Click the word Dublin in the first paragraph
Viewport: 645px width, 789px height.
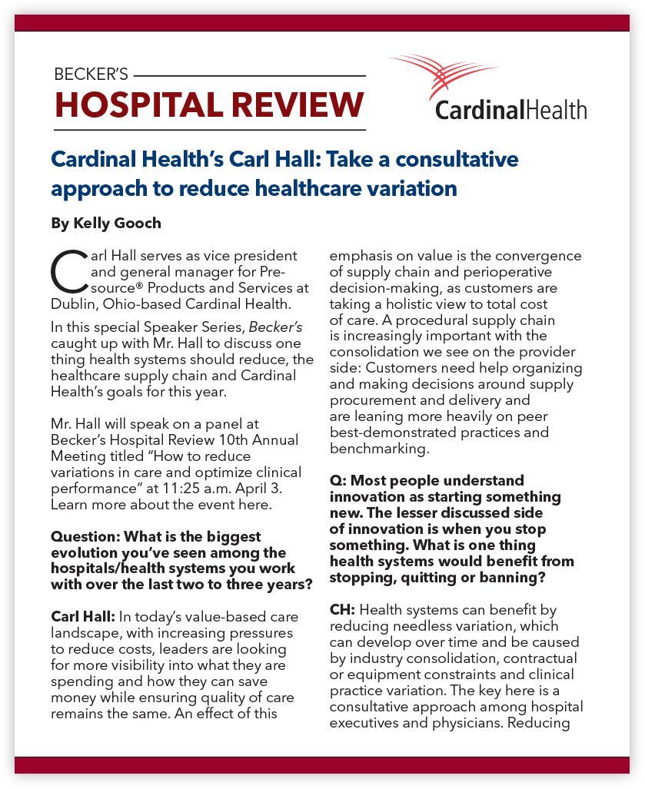coord(72,303)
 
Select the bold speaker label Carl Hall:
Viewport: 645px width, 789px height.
coord(82,616)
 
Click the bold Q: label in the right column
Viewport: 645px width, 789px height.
coord(339,480)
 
